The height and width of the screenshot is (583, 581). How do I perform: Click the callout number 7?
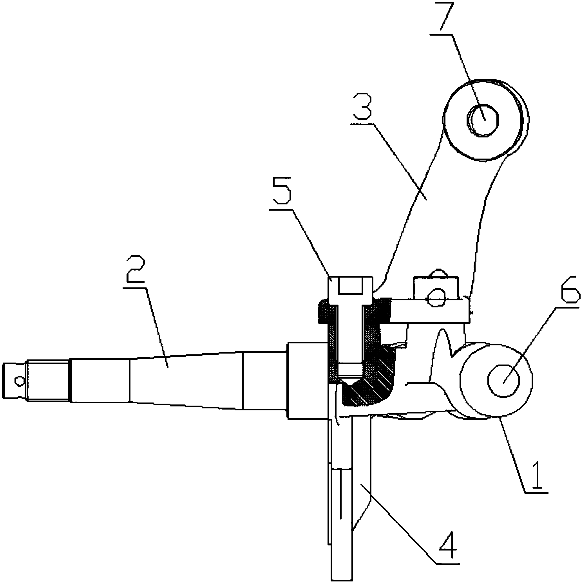coord(445,17)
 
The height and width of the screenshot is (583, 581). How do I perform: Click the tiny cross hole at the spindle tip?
coord(18,380)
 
